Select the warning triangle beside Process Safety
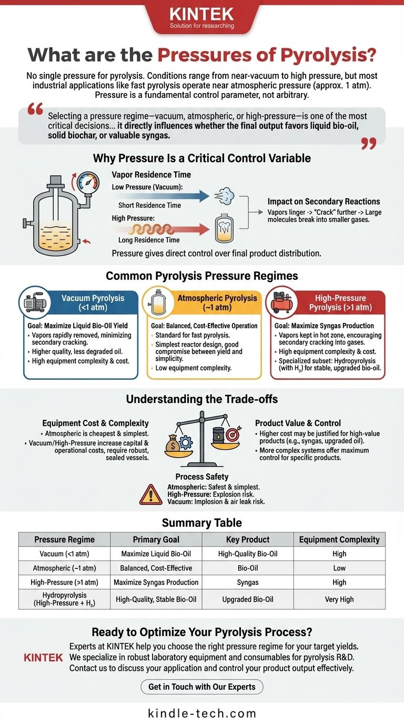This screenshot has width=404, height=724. tap(150, 495)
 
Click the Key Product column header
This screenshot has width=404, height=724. tap(248, 539)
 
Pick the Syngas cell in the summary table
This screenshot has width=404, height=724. tap(248, 582)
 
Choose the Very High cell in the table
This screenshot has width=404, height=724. tap(339, 599)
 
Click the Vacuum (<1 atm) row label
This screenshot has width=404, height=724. tap(64, 554)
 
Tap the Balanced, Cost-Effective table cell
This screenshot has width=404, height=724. tap(157, 568)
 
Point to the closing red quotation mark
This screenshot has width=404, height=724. tap(369, 143)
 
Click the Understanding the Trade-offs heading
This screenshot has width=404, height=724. tap(202, 399)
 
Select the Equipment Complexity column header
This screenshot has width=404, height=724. tap(339, 539)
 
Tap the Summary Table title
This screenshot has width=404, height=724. tap(202, 522)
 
